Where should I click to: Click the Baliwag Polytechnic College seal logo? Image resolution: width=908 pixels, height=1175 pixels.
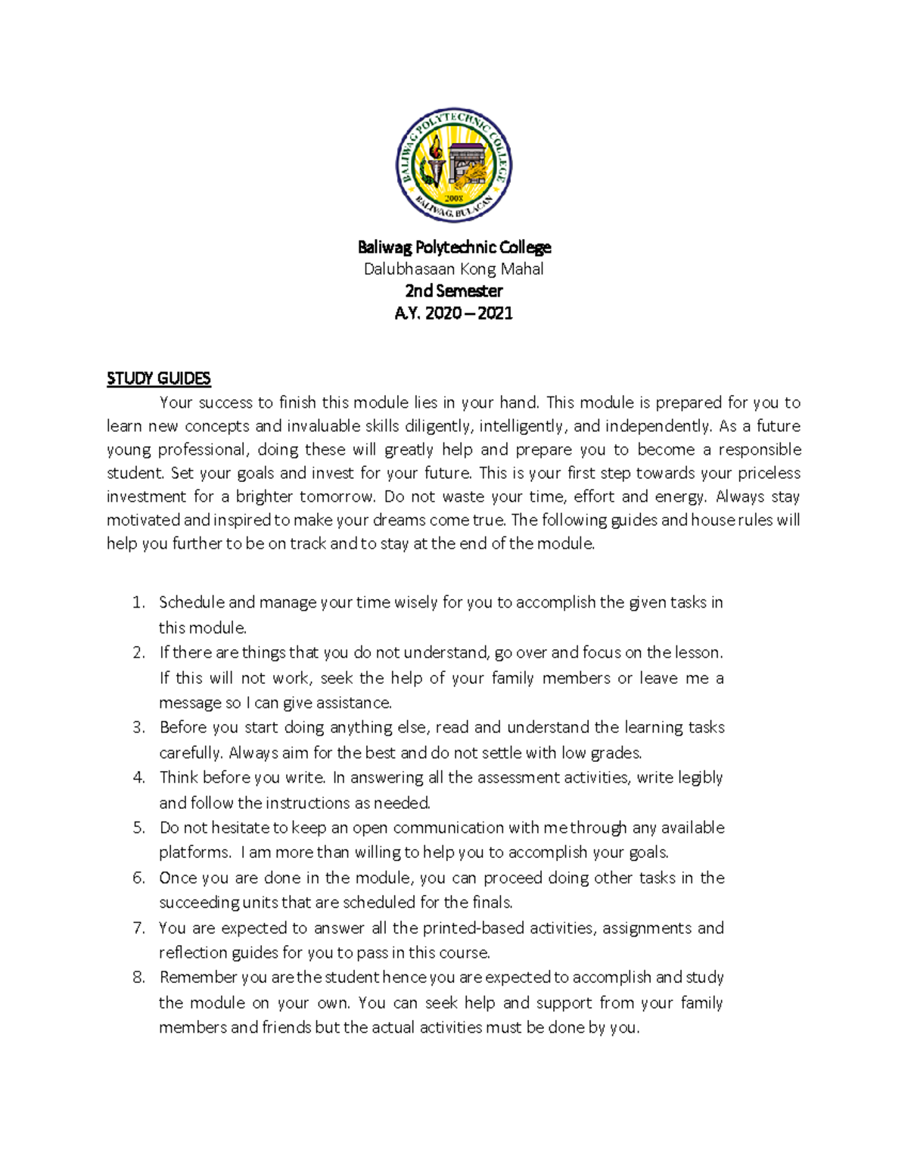click(x=454, y=165)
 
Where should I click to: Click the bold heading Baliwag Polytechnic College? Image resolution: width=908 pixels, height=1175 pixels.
click(x=454, y=247)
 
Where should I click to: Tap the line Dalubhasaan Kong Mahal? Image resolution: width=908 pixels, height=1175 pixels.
click(x=454, y=269)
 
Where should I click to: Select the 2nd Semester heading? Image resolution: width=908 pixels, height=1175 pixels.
click(x=454, y=291)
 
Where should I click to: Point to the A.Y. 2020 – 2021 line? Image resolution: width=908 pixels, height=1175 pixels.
click(x=454, y=313)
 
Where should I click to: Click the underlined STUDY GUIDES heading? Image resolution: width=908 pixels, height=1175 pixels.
click(x=159, y=378)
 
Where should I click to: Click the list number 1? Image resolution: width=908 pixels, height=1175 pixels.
click(x=138, y=603)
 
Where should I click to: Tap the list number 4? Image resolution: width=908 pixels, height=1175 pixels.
click(x=138, y=778)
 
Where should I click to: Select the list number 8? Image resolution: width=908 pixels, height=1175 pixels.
click(x=138, y=978)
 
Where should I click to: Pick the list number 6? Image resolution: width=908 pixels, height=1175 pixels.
click(x=138, y=878)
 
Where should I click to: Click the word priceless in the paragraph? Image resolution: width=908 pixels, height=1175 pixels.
click(x=769, y=474)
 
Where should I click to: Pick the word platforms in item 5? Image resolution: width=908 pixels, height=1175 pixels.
click(x=194, y=853)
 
